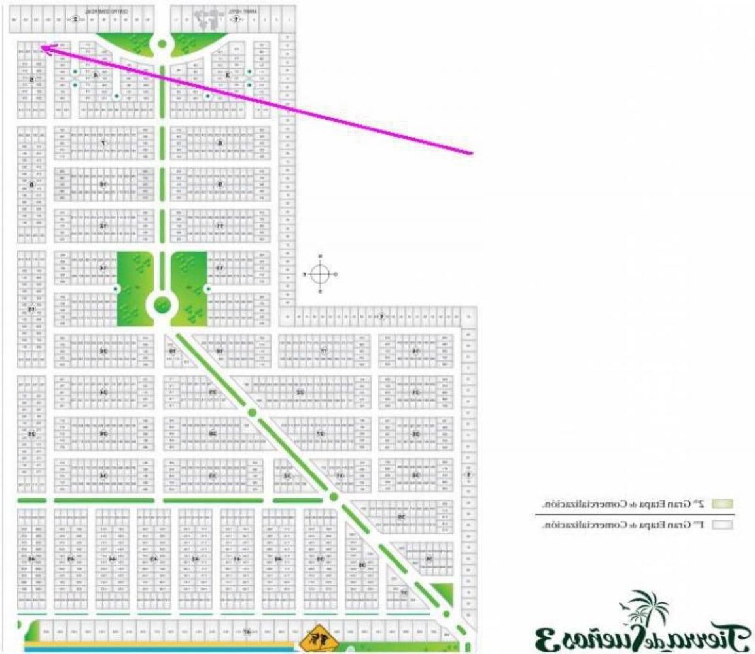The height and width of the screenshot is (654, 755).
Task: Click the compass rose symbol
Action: click(x=320, y=273)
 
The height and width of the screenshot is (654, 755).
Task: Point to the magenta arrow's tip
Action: click(x=41, y=45)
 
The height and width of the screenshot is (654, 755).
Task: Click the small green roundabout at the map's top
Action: click(x=161, y=44)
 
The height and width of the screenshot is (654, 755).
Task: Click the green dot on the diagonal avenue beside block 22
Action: click(x=252, y=412)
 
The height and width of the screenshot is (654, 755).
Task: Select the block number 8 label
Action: click(x=31, y=185)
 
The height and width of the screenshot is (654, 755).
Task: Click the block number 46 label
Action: click(x=31, y=559)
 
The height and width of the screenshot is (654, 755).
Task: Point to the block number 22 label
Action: click(x=300, y=392)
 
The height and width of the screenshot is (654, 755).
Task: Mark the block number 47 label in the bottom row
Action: click(x=247, y=632)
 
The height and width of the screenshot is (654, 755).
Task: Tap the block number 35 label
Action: click(x=401, y=517)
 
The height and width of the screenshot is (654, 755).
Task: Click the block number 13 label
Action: click(x=220, y=268)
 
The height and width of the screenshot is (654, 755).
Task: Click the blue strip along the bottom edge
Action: click(x=157, y=649)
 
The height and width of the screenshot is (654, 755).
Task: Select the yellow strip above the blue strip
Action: click(x=157, y=644)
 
